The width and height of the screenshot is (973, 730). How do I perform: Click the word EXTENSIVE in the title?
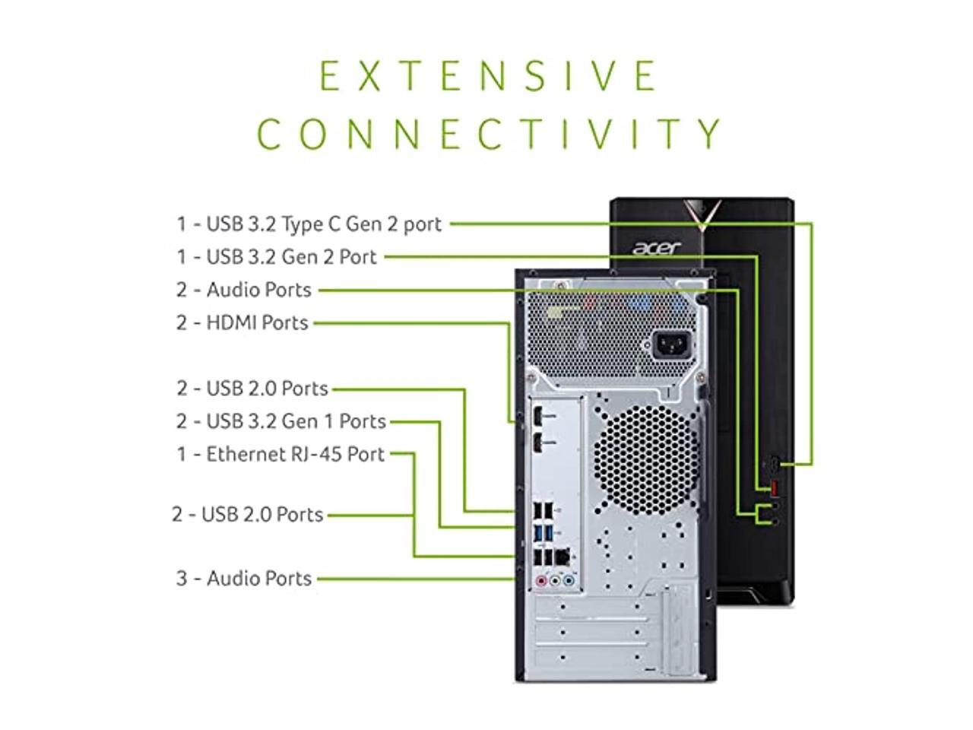[488, 75]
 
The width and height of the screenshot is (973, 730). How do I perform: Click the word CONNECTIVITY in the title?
[490, 134]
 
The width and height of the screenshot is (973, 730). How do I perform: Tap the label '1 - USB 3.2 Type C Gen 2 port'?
[309, 224]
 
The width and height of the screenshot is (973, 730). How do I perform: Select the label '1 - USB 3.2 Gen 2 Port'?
[277, 257]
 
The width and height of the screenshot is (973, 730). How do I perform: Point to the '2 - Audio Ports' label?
[244, 290]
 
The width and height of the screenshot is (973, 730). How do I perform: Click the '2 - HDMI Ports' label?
[242, 322]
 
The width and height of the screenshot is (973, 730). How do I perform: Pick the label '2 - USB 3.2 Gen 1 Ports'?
[281, 421]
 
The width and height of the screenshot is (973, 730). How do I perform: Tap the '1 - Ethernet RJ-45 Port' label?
[280, 454]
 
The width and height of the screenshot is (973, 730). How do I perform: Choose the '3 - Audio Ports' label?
[244, 579]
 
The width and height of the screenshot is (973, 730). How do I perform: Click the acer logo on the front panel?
[656, 248]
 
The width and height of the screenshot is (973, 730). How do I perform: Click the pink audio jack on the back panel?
[540, 582]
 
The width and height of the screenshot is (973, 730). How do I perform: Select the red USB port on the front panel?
[773, 487]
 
